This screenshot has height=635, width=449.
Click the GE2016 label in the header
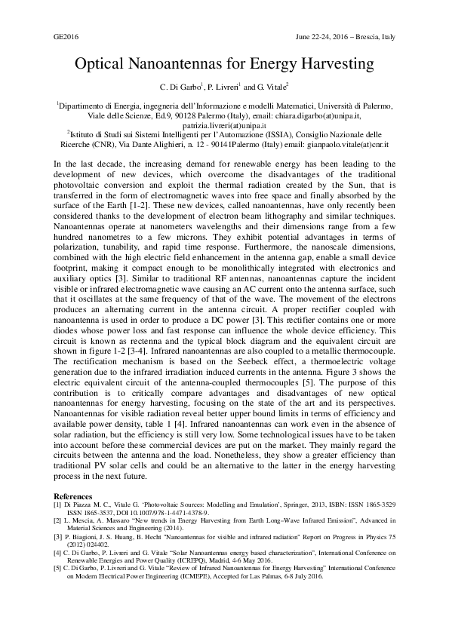[x=66, y=36]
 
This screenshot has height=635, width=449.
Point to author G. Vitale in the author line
[x=279, y=87]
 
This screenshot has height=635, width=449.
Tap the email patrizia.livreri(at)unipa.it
[x=224, y=125]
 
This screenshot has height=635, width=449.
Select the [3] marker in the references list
[x=57, y=537]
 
